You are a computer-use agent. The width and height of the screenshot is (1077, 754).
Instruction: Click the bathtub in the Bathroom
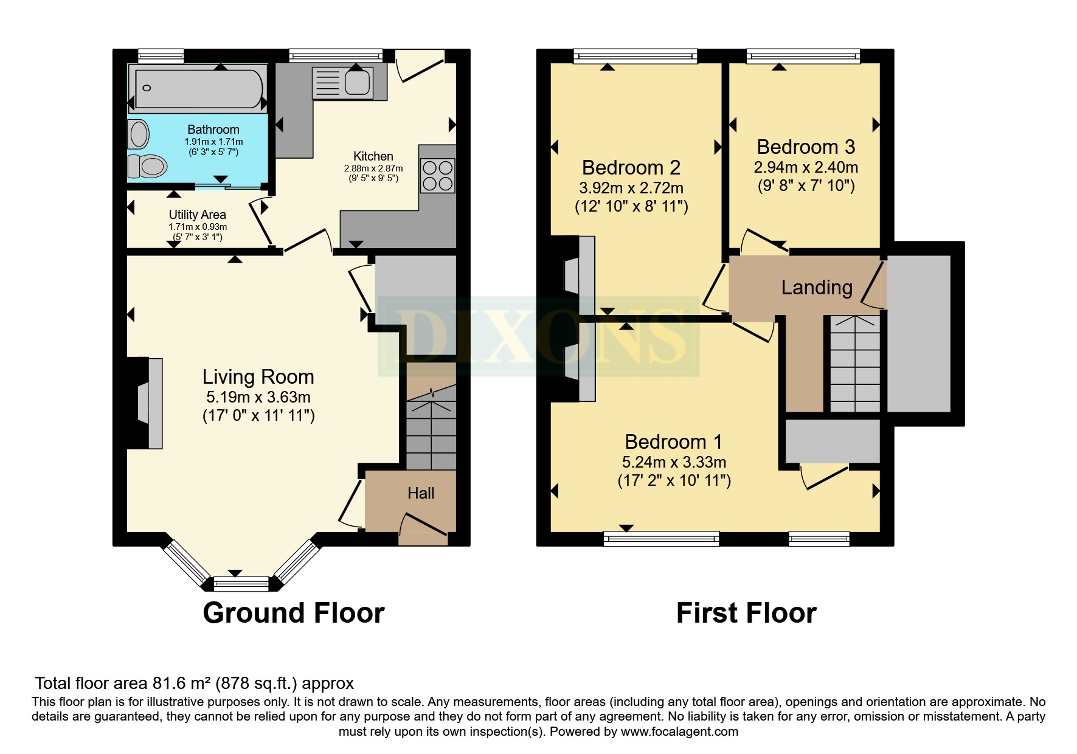point(198,89)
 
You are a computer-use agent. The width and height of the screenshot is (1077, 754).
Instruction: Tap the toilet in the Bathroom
point(148,165)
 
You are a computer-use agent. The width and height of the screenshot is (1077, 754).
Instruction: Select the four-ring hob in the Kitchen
point(437,175)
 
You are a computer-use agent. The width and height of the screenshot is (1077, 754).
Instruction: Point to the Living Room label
point(258,377)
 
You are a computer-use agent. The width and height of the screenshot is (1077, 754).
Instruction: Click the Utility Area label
point(197,215)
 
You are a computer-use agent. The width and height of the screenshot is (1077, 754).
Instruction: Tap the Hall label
point(420,493)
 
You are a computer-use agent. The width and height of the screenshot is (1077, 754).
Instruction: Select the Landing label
point(816,287)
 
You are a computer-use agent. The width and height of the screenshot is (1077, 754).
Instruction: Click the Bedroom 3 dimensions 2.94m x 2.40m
point(806,167)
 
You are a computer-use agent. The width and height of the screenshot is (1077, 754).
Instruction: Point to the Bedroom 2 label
point(631,167)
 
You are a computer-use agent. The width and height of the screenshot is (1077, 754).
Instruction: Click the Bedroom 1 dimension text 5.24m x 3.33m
point(674,462)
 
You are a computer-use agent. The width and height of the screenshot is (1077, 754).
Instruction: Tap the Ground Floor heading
point(293,613)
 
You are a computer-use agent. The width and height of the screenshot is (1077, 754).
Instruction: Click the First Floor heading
point(746,613)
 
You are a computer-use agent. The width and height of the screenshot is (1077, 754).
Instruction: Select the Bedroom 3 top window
point(803,57)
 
